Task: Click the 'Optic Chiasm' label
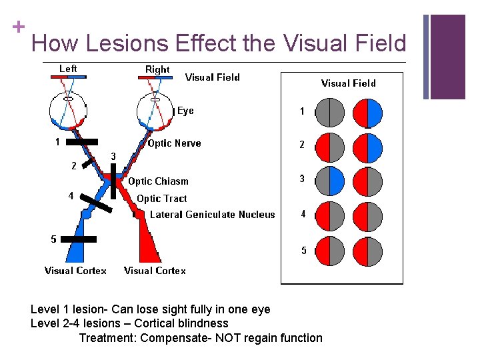tap(158, 181)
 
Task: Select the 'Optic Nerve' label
tap(174, 143)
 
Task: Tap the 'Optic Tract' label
tap(161, 199)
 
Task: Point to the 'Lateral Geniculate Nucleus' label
tap(212, 215)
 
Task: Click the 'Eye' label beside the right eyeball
tap(185, 111)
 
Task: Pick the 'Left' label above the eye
tap(68, 69)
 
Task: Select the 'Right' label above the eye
tap(157, 69)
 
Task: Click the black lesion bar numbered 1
tap(82, 142)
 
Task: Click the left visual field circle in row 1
tap(329, 113)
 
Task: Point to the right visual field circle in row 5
tap(367, 251)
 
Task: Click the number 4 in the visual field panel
tap(303, 215)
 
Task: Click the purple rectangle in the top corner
tap(447, 57)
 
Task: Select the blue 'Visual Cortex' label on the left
tap(75, 271)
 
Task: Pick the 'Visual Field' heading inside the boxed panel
tap(348, 83)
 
